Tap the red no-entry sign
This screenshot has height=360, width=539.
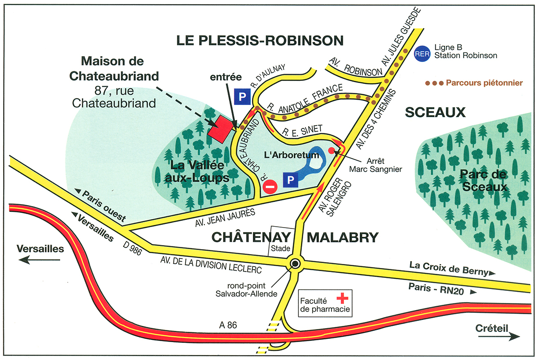pos(270,187)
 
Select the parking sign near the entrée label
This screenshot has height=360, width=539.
pos(242,96)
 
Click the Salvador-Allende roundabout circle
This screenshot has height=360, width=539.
pos(295,263)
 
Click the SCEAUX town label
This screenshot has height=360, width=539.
pos(435,112)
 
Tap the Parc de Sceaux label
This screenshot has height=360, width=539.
pos(482,180)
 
